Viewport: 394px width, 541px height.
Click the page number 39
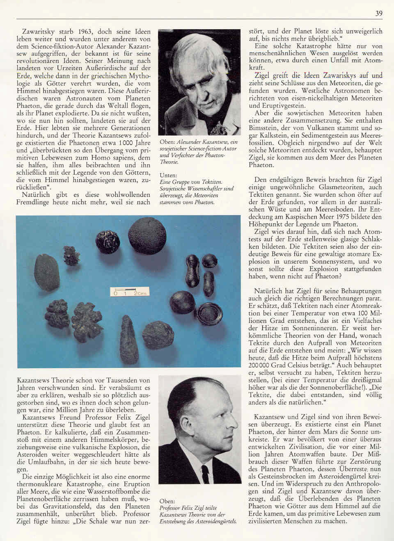378,14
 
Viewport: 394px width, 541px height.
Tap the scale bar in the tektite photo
129,292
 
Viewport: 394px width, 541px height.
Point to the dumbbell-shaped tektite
192,270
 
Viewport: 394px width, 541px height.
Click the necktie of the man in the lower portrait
205,473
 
